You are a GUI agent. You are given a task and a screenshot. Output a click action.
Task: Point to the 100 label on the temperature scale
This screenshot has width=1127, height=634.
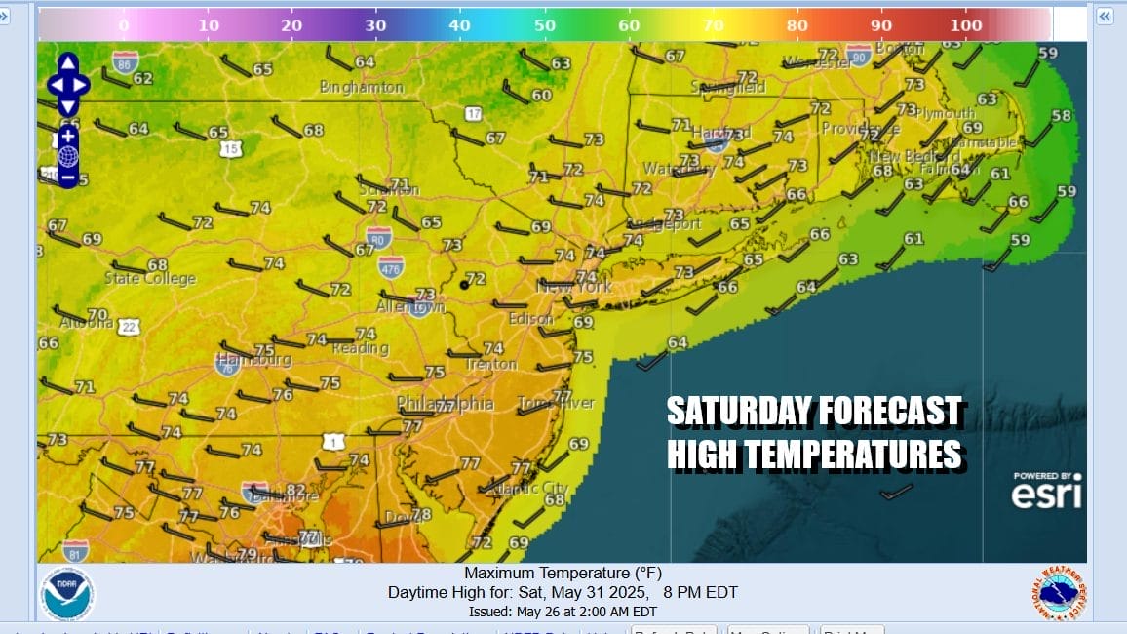(967, 24)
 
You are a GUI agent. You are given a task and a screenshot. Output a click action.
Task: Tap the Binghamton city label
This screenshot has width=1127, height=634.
(362, 88)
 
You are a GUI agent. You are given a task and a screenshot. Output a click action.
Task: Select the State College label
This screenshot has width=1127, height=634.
(150, 279)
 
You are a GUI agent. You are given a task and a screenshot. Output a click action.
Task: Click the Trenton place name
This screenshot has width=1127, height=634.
(490, 364)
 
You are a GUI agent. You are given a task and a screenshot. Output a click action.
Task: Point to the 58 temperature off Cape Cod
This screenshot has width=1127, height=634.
(1061, 116)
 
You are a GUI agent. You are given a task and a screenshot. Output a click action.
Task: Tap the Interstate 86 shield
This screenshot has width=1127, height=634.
(125, 63)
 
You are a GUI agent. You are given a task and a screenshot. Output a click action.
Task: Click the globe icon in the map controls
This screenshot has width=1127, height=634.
(68, 156)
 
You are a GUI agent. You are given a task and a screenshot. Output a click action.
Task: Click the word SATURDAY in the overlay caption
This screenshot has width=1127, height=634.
(734, 412)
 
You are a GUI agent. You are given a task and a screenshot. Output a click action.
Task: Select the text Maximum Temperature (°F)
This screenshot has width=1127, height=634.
(563, 574)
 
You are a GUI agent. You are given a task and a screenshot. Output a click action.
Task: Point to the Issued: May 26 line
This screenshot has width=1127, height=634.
(563, 612)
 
